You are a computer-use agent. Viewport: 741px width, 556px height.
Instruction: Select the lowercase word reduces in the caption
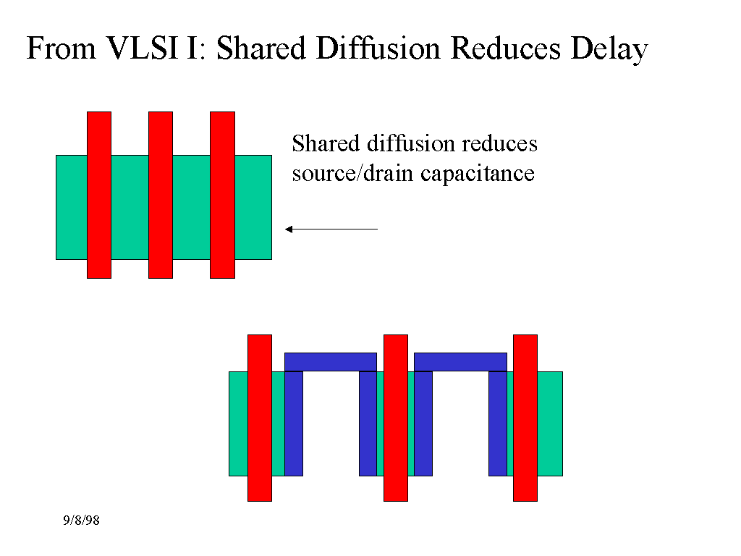click(x=499, y=144)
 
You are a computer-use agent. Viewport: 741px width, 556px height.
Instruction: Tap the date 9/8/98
click(x=80, y=521)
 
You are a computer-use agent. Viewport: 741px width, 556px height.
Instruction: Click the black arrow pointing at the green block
click(x=331, y=229)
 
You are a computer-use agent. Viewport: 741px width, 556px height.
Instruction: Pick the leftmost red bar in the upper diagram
click(x=99, y=195)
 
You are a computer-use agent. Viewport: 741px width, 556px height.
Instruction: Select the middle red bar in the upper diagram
click(x=161, y=195)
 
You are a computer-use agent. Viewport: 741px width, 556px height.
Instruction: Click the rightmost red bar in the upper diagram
click(x=222, y=195)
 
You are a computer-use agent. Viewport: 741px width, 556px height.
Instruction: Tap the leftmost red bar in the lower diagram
click(x=260, y=418)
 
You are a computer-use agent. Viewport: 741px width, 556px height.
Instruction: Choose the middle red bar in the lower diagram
click(x=396, y=418)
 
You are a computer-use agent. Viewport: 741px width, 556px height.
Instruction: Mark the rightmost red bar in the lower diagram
click(x=525, y=418)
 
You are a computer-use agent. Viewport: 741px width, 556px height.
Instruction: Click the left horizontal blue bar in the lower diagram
click(x=331, y=361)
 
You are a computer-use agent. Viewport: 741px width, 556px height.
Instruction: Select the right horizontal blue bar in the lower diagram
click(x=460, y=361)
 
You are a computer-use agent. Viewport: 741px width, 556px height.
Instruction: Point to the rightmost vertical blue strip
click(x=498, y=424)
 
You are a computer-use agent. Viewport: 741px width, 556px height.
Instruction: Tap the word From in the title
click(x=60, y=49)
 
